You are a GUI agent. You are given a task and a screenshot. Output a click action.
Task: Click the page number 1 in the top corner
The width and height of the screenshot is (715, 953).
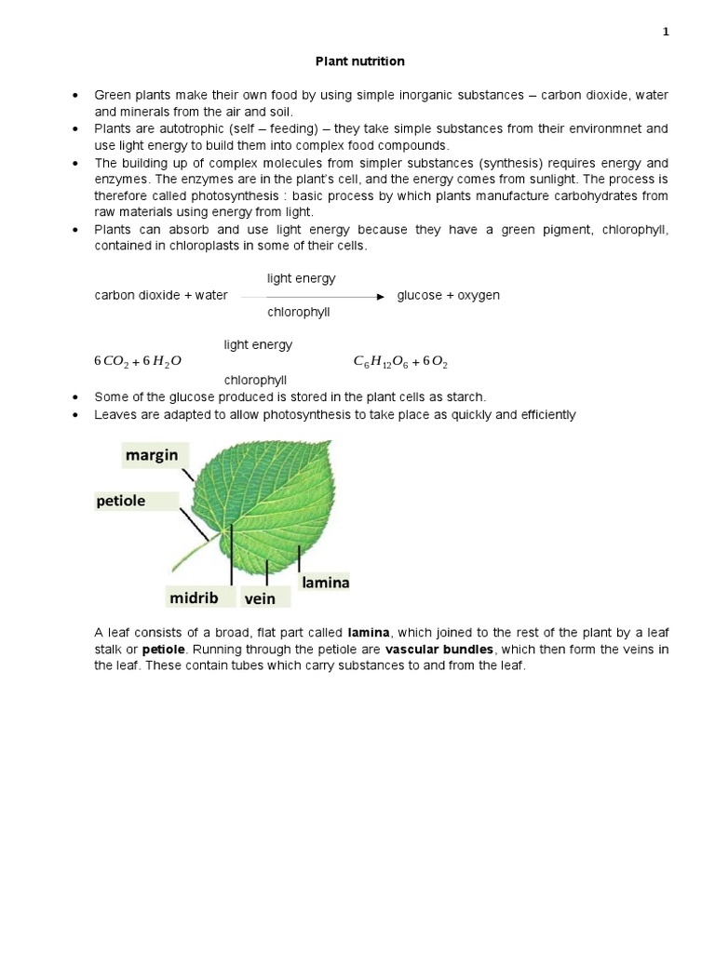666,32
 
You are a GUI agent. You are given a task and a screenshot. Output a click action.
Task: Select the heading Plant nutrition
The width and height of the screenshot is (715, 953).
358,61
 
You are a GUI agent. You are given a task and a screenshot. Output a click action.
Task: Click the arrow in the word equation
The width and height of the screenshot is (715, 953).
313,296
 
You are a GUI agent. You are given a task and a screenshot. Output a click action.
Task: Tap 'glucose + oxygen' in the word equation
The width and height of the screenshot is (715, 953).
448,295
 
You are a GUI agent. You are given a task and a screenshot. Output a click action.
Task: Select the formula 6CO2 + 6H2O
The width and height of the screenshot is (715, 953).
138,361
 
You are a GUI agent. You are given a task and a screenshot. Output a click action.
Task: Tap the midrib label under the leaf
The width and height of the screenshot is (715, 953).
194,597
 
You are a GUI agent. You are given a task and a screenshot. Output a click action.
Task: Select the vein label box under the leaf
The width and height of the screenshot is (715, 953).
262,598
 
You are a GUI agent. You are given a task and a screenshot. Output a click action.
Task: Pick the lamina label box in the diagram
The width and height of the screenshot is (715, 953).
325,582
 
